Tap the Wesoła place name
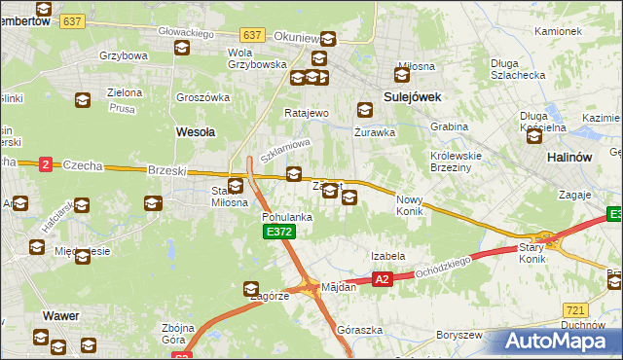tap(194, 130)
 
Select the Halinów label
tap(570, 156)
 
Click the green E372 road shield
tap(277, 232)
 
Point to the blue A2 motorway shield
tap(383, 279)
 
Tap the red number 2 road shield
tap(46, 165)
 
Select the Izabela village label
tap(387, 256)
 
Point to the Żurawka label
tap(374, 131)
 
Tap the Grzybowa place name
tap(122, 55)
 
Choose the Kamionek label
tap(558, 31)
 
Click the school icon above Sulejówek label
tap(402, 74)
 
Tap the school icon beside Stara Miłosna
tap(236, 187)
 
